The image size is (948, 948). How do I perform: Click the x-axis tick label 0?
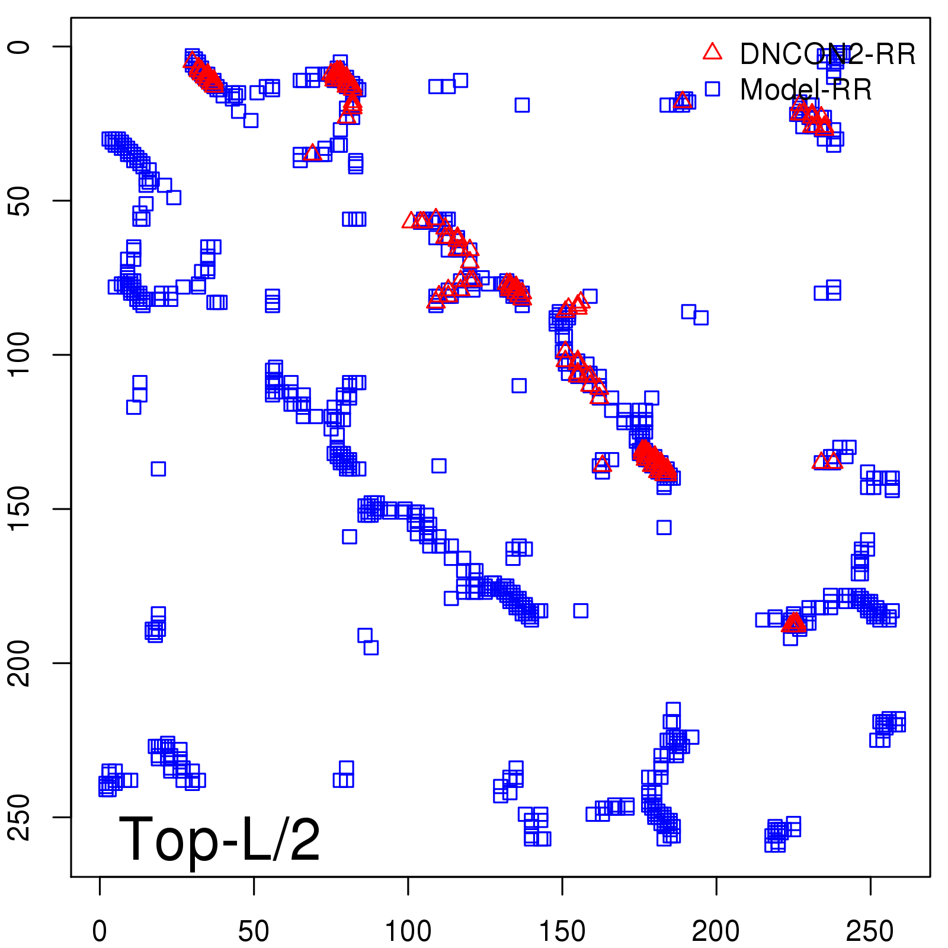pyautogui.click(x=100, y=931)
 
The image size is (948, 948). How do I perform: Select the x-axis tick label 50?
pyautogui.click(x=254, y=931)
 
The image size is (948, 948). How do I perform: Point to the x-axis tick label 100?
pyautogui.click(x=408, y=931)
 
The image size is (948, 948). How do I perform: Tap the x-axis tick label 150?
pyautogui.click(x=562, y=931)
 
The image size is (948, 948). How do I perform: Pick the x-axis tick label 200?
pyautogui.click(x=716, y=931)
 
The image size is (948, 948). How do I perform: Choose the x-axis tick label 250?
pyautogui.click(x=870, y=931)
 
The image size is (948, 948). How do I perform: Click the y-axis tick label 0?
pyautogui.click(x=19, y=47)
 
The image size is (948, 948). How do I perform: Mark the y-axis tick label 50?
pyautogui.click(x=19, y=201)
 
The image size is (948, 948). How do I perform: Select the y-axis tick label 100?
pyautogui.click(x=19, y=354)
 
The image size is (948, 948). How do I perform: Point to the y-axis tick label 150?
pyautogui.click(x=19, y=509)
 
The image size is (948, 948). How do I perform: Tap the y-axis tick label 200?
pyautogui.click(x=19, y=663)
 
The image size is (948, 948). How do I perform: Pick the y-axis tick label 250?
pyautogui.click(x=19, y=817)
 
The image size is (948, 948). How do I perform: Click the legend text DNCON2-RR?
pyautogui.click(x=828, y=55)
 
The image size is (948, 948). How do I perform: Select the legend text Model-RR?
pyautogui.click(x=806, y=90)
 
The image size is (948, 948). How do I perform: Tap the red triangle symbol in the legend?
pyautogui.click(x=712, y=52)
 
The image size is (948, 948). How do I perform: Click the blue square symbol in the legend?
pyautogui.click(x=712, y=89)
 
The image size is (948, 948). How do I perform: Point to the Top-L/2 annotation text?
pyautogui.click(x=219, y=839)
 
